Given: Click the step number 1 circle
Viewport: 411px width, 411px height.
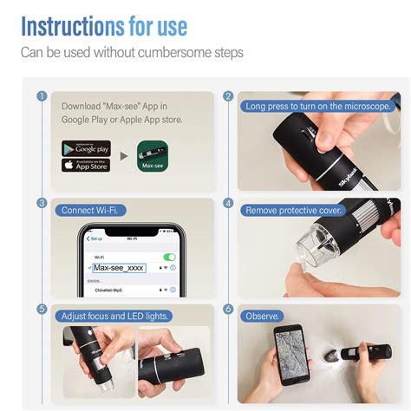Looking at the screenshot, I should [41, 96].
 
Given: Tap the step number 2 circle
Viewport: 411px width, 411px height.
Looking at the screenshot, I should [229, 96].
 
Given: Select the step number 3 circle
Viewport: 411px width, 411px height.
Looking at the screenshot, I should [41, 203].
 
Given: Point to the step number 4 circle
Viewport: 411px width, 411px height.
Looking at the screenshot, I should [229, 203].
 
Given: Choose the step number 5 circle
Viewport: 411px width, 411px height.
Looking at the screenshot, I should [41, 309].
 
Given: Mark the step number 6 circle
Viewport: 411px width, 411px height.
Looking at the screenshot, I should [229, 309].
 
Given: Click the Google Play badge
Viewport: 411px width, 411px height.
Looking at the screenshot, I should [86, 148].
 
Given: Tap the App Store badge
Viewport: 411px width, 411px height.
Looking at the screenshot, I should [86, 165].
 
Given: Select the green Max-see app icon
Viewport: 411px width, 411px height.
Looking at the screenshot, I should [153, 157].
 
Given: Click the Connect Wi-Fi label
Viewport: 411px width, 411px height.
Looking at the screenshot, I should [87, 210].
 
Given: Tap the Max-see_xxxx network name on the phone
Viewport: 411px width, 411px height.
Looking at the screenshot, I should [121, 268].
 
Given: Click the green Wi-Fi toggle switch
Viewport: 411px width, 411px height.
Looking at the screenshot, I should [170, 258].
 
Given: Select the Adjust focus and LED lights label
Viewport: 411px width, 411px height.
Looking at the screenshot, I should [114, 316].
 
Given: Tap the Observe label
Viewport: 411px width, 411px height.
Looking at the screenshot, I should [262, 316].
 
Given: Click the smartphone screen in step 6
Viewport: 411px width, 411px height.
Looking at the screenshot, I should [288, 356].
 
